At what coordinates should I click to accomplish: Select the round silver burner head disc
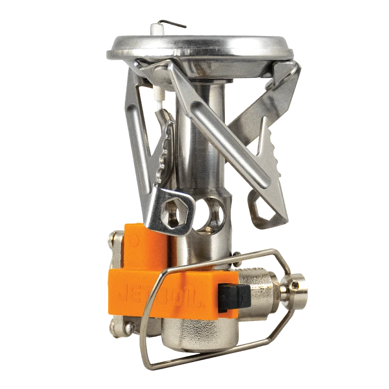point(200,49)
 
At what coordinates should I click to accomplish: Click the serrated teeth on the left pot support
point(165,149)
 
